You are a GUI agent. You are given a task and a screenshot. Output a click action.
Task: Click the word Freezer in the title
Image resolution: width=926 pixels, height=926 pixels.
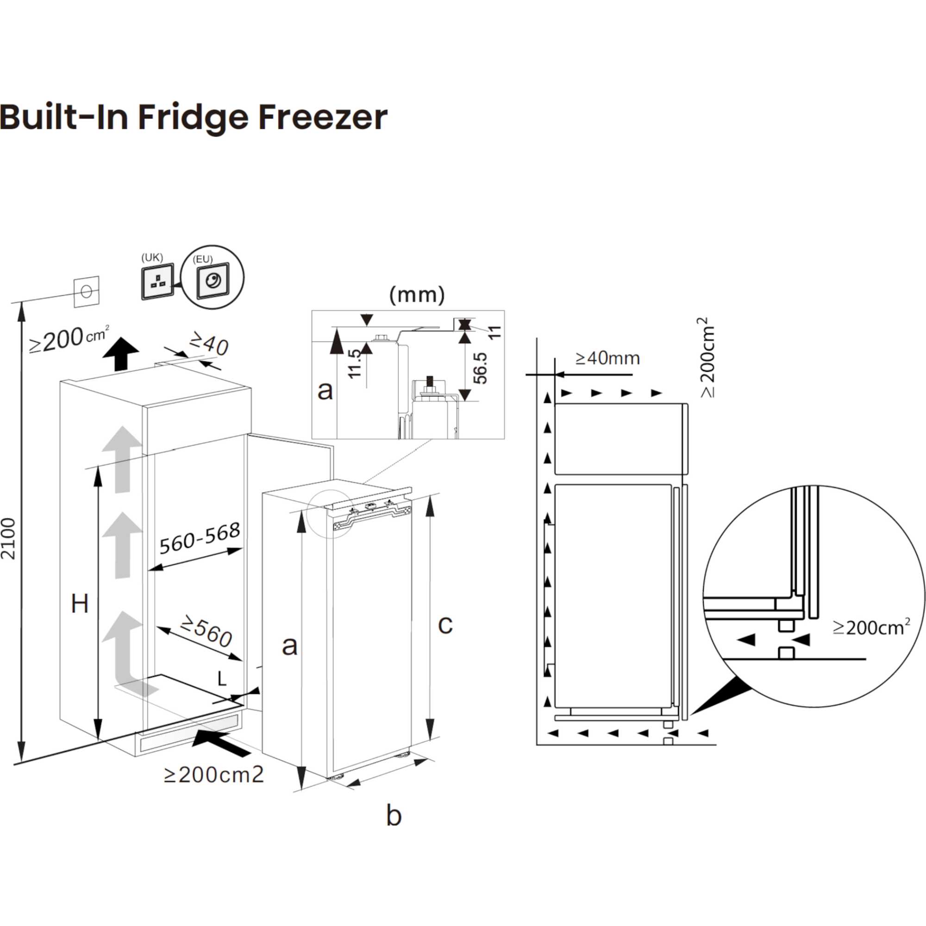coord(322,118)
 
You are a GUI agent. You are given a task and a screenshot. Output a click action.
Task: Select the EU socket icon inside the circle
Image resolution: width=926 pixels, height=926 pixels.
coord(213,281)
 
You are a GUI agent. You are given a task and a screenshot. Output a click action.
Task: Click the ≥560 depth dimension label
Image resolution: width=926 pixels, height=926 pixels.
coord(206,632)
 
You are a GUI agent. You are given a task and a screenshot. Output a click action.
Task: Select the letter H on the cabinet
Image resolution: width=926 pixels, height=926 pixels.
coord(80,604)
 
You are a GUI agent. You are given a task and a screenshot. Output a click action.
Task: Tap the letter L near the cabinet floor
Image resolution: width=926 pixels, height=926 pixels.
coord(222,679)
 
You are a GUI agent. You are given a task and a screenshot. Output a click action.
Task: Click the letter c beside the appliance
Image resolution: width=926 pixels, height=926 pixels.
coord(445,625)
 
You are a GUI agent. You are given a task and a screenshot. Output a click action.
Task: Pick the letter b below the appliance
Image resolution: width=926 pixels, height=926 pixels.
coord(394,815)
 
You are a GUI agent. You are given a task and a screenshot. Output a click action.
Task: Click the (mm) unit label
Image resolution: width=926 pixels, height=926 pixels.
coord(417,295)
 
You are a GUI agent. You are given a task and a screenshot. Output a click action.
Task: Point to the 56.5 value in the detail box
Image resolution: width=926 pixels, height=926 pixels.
coord(480,368)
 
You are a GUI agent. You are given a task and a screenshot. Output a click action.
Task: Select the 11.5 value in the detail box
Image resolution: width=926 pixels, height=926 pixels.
coord(354,364)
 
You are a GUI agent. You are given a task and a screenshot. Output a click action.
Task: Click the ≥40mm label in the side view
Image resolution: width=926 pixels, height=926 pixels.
coord(607,358)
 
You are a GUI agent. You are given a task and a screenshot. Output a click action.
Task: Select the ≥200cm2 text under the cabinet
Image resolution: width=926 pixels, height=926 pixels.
coord(214,775)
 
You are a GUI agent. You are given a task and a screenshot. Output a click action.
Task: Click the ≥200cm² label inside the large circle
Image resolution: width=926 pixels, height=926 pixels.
coord(871,627)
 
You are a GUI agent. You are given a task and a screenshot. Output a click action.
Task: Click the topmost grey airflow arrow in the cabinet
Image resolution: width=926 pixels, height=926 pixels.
coord(122,459)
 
